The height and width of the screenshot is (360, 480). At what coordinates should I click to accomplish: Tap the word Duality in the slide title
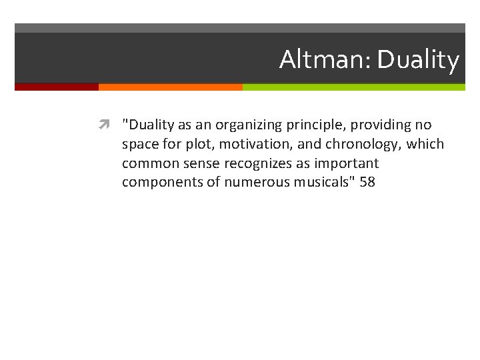418,60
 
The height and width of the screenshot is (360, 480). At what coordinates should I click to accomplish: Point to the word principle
317,125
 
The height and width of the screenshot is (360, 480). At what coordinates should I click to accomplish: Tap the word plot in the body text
183,144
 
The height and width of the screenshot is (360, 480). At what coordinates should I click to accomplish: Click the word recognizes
260,163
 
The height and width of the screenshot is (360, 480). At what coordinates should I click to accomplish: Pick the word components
159,182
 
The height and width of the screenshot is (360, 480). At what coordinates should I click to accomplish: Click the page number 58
367,182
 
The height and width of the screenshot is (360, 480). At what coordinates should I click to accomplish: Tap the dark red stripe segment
57,87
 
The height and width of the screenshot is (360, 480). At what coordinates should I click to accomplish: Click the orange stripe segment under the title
170,87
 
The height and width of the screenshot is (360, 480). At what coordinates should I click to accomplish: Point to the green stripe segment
353,87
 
